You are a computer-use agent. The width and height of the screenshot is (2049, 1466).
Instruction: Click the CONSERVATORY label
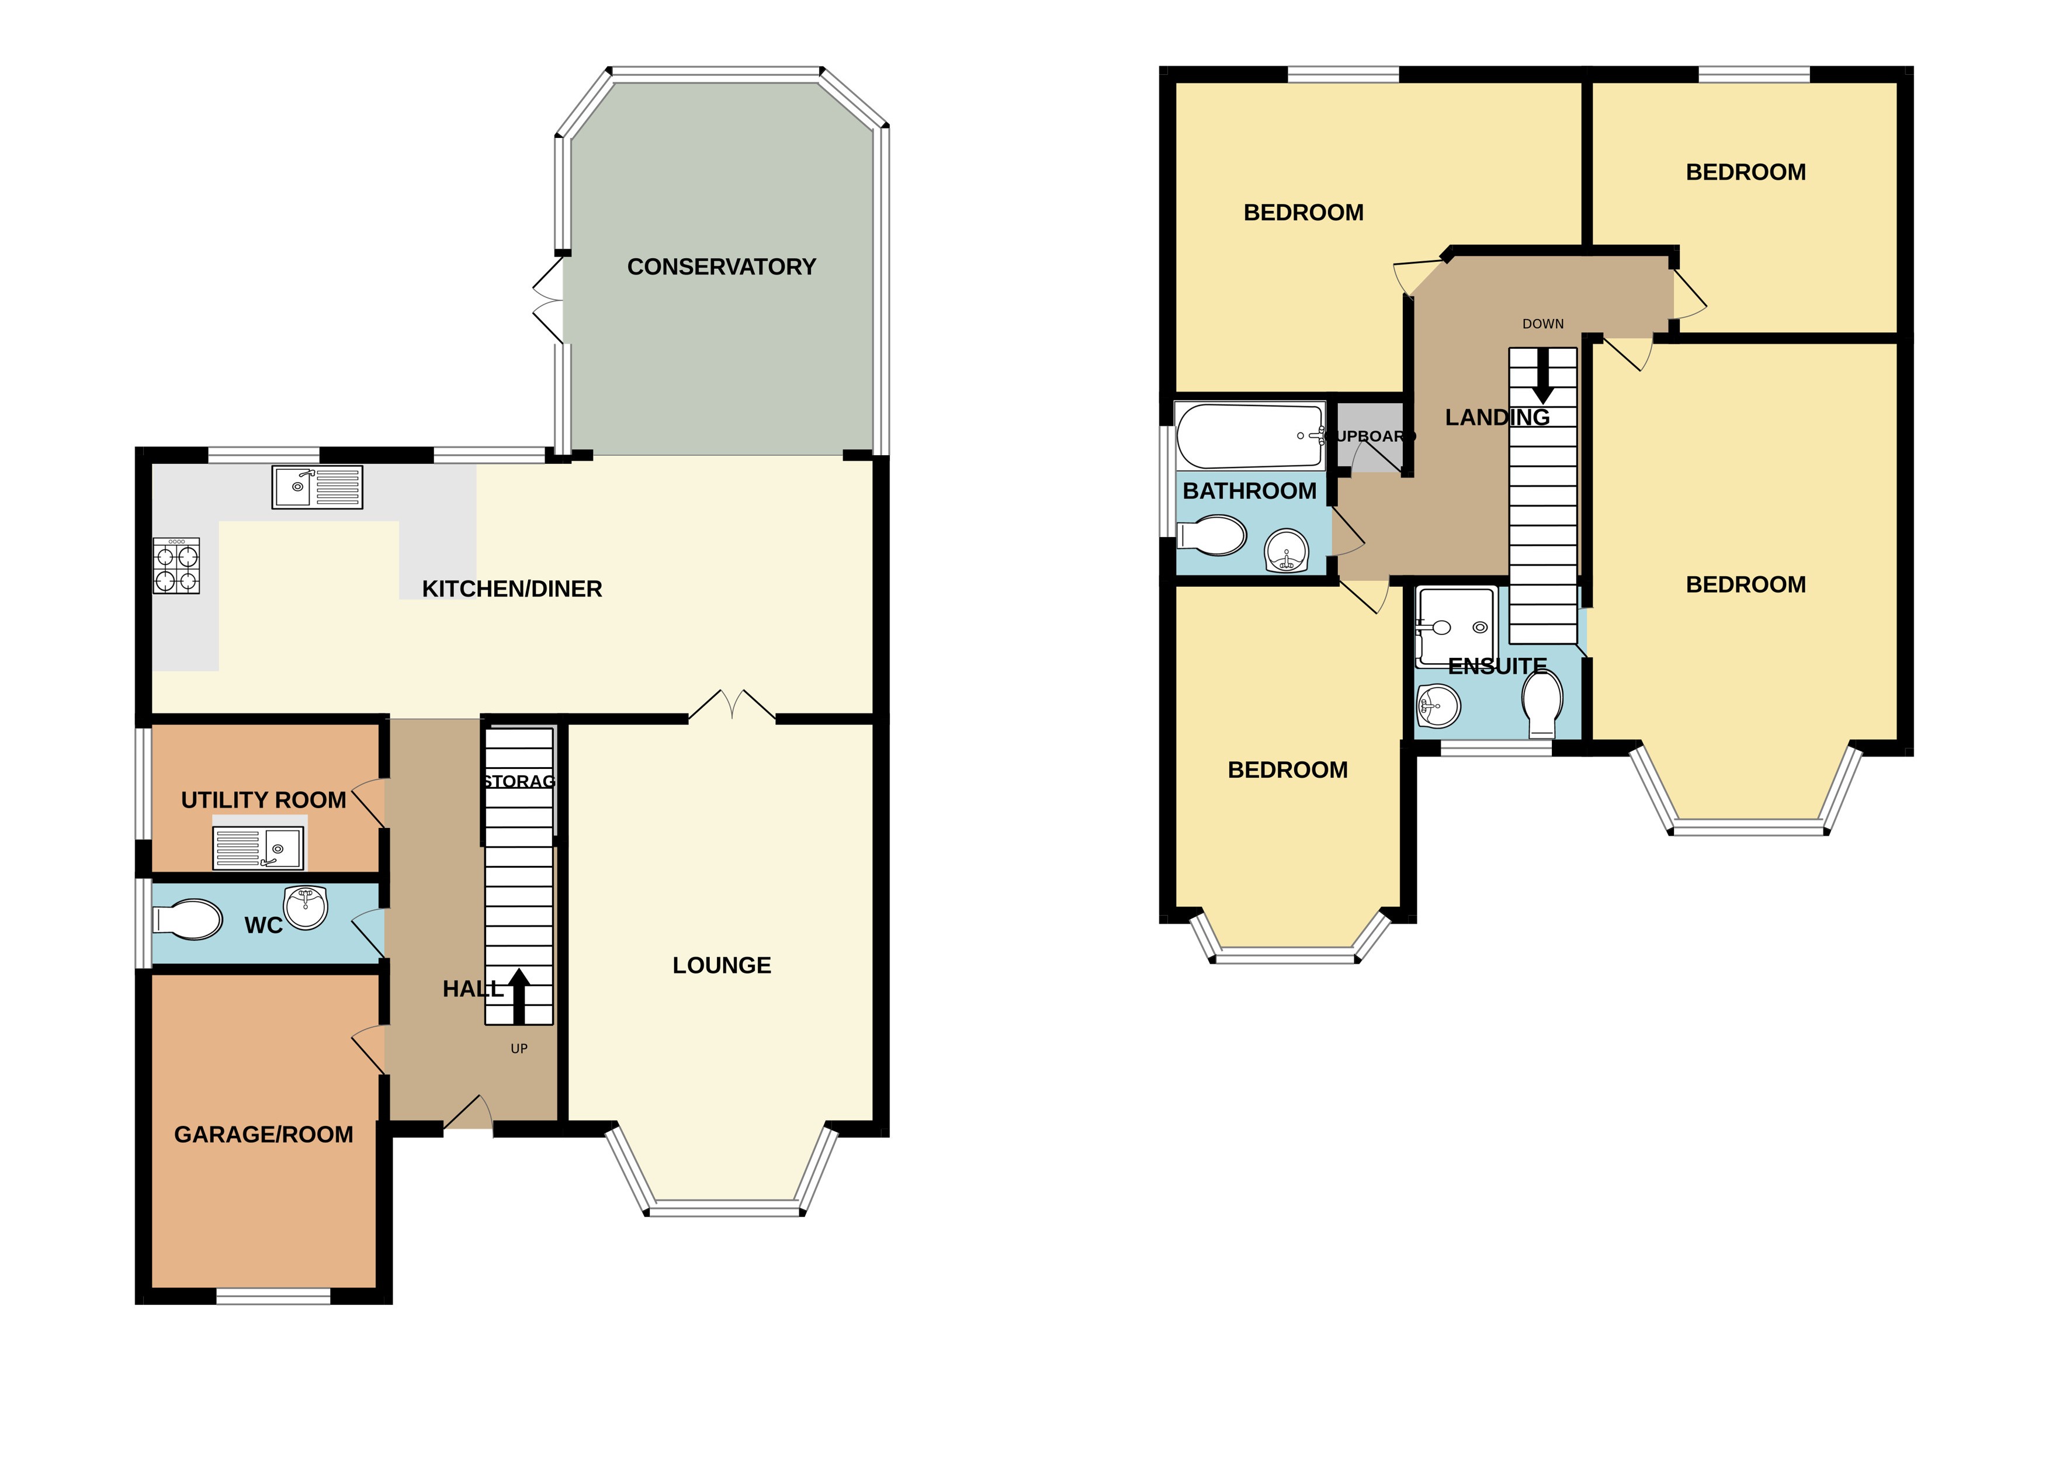coord(721,267)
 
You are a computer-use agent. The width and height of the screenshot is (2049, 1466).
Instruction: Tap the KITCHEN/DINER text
coord(512,588)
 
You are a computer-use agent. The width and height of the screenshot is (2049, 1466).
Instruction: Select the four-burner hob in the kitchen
coord(176,566)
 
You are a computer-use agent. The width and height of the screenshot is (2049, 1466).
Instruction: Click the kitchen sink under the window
coord(317,487)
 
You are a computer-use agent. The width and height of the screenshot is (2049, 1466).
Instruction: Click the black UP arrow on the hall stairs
coord(518,996)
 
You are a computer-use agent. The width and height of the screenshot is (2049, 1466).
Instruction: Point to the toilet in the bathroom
coord(1212,536)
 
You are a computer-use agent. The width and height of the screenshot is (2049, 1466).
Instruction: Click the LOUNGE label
coord(721,965)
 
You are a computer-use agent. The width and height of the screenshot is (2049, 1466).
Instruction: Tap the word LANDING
coord(1497,417)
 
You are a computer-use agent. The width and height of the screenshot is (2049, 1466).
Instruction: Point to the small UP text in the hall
coord(519,1048)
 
